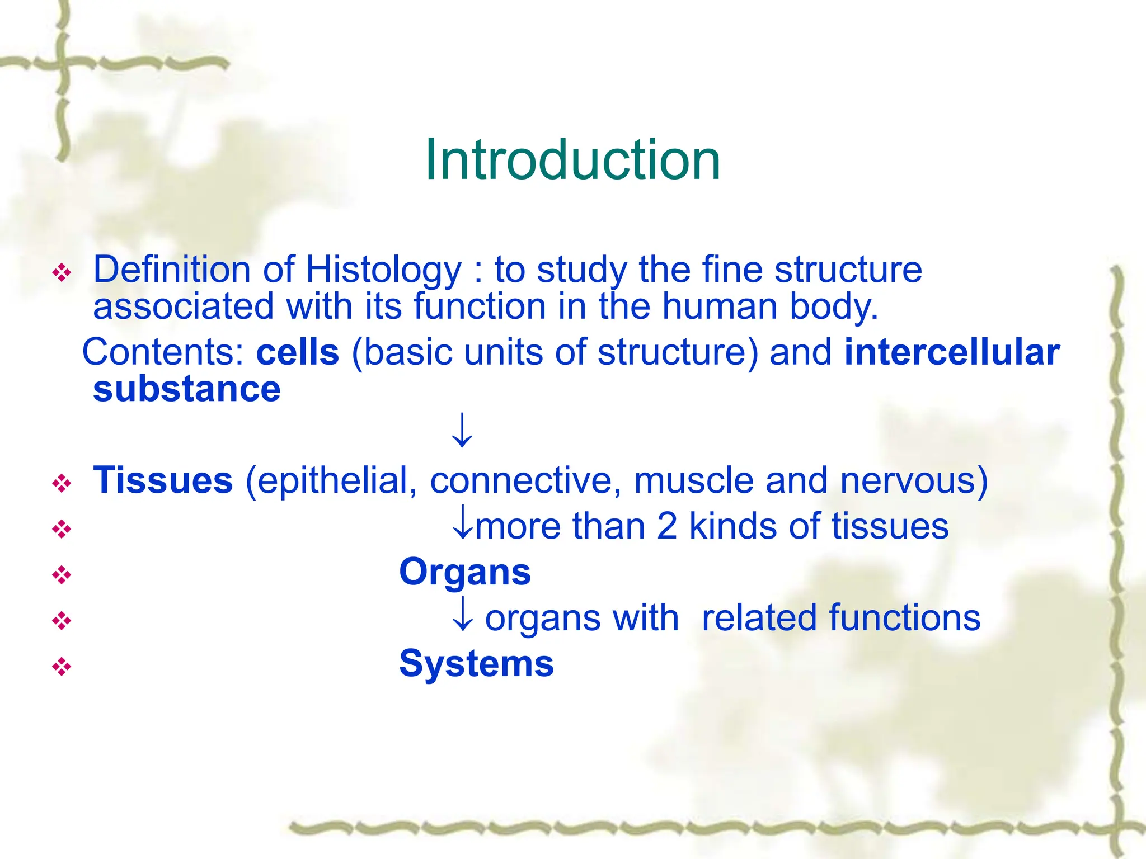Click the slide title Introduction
572,161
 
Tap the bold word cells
298,352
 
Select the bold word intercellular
952,352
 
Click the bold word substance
187,389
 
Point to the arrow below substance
462,429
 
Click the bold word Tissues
163,480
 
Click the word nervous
908,480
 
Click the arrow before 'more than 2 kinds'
462,522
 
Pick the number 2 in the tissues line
666,526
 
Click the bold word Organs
465,573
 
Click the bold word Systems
476,664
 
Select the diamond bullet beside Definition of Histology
62,273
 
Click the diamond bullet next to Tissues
62,483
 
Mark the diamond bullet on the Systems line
62,666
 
